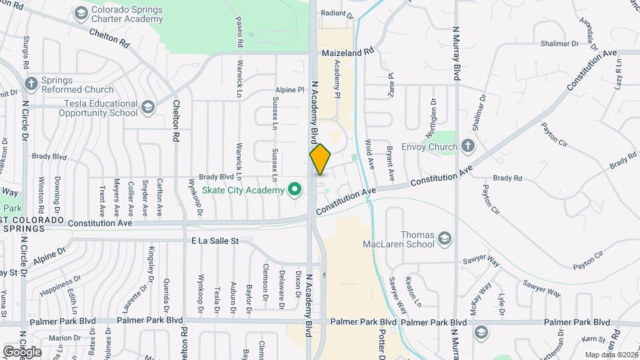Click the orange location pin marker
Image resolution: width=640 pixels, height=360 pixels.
click(x=321, y=159)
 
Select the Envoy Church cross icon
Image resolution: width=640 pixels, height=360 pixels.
click(x=468, y=146)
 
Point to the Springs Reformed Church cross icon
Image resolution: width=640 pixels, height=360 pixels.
click(x=30, y=84)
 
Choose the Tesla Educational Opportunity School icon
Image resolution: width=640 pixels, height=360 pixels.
click(x=147, y=107)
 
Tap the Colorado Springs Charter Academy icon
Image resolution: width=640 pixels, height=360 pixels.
click(x=81, y=13)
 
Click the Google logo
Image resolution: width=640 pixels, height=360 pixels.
click(x=22, y=351)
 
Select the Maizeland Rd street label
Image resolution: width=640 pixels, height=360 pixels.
click(x=348, y=51)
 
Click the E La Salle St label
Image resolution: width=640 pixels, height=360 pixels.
click(x=215, y=240)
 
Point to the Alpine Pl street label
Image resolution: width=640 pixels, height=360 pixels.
click(x=289, y=89)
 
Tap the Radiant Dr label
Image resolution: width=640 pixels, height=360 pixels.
click(x=336, y=13)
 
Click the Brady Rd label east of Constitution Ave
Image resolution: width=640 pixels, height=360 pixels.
click(x=507, y=178)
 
